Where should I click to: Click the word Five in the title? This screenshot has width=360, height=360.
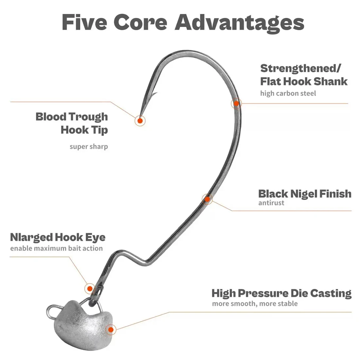tap(84, 22)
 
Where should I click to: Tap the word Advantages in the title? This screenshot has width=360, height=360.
tap(240, 23)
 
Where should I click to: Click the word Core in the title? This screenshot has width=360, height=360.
tap(141, 22)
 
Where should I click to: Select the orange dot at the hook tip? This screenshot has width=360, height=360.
tap(140, 121)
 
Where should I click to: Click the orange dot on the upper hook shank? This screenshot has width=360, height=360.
tap(236, 104)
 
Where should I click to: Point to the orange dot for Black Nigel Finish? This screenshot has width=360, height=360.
tap(207, 199)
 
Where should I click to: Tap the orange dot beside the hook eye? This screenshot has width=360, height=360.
tap(89, 289)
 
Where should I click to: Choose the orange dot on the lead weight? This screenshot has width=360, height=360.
tap(111, 329)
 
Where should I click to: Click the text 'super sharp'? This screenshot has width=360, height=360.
tap(89, 146)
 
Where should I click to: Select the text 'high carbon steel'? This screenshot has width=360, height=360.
tap(288, 94)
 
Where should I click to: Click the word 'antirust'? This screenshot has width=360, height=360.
tap(271, 203)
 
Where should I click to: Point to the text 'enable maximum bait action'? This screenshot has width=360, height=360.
tap(56, 248)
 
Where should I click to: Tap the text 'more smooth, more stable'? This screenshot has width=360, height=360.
tap(255, 304)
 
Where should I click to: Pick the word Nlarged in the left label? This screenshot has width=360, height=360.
tap(31, 237)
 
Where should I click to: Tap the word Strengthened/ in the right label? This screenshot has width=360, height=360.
tap(300, 68)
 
